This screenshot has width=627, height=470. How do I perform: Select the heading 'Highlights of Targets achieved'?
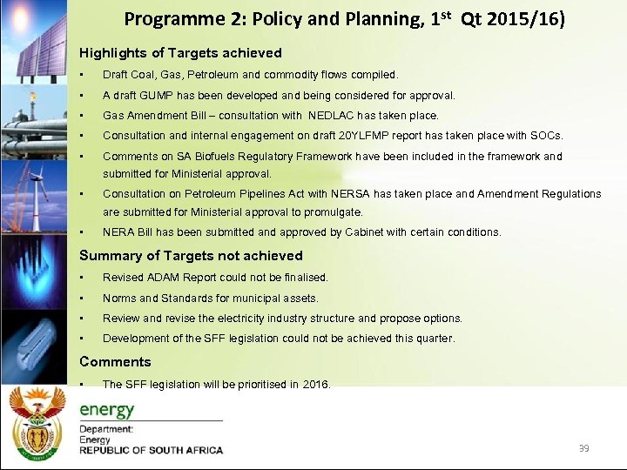pyautogui.click(x=180, y=53)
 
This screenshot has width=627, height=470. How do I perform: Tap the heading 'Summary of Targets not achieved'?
pyautogui.click(x=191, y=255)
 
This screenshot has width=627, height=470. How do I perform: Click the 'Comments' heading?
pyautogui.click(x=115, y=361)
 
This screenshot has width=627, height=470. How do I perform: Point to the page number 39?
pyautogui.click(x=583, y=448)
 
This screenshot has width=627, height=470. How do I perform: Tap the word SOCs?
pyautogui.click(x=549, y=136)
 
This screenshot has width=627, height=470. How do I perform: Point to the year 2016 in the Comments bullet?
pyautogui.click(x=316, y=384)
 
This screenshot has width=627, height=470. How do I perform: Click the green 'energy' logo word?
pyautogui.click(x=107, y=410)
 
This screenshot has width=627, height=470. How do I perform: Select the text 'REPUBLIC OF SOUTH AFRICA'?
pyautogui.click(x=151, y=450)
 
